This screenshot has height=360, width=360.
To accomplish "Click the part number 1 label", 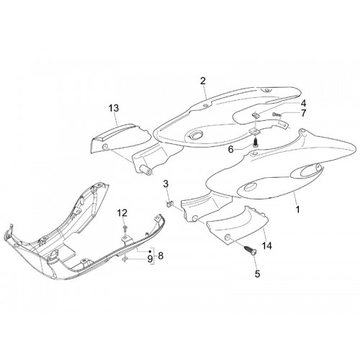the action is (297, 210).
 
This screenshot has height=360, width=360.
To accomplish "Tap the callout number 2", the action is (203, 81).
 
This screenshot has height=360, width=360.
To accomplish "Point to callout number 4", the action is (303, 104).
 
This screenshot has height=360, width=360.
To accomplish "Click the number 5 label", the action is (257, 274).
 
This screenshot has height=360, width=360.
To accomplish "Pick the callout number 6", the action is (230, 150).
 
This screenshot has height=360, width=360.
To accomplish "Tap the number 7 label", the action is (303, 113).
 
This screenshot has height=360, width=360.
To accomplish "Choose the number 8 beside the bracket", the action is (161, 256).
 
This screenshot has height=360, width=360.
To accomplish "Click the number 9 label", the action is (150, 258).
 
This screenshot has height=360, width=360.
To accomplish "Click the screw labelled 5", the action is (250, 250).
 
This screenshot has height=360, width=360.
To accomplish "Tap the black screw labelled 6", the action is (256, 141).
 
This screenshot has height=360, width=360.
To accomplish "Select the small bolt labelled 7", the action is (276, 114).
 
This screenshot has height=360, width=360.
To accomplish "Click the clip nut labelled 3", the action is (169, 204).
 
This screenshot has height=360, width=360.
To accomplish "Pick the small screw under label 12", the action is (125, 228).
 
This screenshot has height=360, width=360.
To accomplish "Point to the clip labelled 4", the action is (256, 115).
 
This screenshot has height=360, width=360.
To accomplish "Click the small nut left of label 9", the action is (125, 259).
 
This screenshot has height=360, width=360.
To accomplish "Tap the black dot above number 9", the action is (150, 251).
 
